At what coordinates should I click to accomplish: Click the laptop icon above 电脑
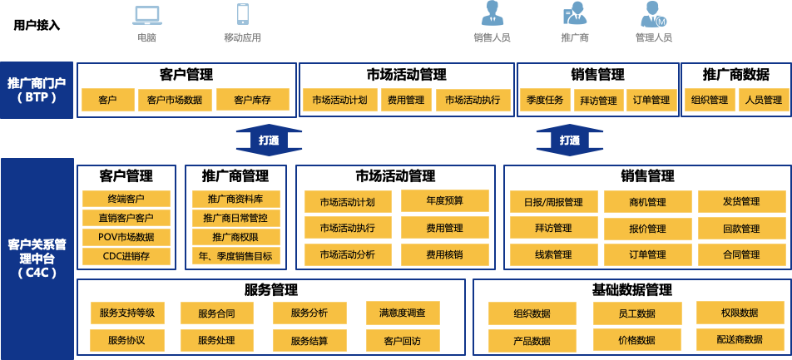click(146, 15)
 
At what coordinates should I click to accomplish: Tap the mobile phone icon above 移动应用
click(243, 14)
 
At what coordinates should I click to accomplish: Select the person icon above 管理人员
click(653, 14)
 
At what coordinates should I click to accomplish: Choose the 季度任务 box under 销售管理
click(545, 101)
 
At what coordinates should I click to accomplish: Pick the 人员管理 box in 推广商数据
click(763, 101)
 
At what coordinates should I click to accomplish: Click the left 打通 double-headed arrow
click(269, 141)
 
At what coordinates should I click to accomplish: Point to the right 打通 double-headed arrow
click(569, 141)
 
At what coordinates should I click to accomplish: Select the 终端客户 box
click(126, 199)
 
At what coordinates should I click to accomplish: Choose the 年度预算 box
click(444, 201)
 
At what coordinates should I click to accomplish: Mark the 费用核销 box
click(444, 254)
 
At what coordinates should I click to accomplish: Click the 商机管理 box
click(646, 202)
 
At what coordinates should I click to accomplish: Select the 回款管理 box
click(740, 229)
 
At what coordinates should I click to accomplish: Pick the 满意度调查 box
click(403, 313)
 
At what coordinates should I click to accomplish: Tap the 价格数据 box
click(636, 340)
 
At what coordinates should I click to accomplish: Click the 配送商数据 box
click(740, 339)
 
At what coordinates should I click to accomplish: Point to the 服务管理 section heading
click(270, 290)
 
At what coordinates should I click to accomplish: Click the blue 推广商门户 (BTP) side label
click(37, 90)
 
